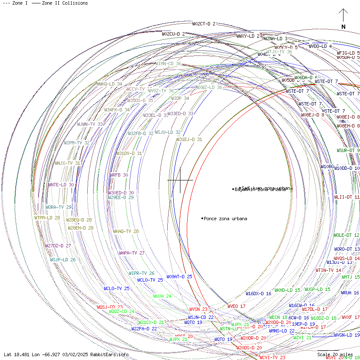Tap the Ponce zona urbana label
[x=225, y=219]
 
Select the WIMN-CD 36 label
[x=168, y=64]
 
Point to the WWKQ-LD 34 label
[x=109, y=84]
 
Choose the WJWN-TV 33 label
[x=90, y=124]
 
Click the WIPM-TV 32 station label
[x=77, y=143]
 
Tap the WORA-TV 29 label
[x=58, y=207]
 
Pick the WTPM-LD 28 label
[x=47, y=218]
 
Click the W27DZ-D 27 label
[x=58, y=246]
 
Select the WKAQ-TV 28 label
[x=126, y=232]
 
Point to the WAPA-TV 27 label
[x=132, y=253]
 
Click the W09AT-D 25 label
[x=179, y=277]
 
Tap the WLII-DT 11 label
[x=347, y=197]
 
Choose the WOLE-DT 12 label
[x=346, y=235]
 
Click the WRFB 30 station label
[x=119, y=175]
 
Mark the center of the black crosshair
[x=180, y=180]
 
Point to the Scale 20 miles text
[x=335, y=354]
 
